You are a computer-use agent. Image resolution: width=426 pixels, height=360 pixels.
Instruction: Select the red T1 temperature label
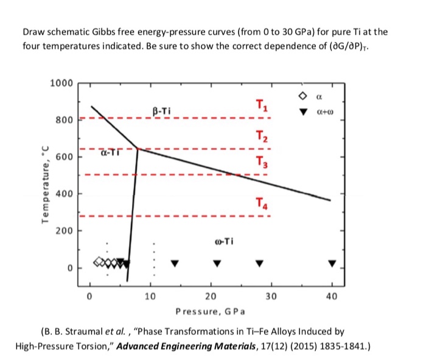(x=260, y=106)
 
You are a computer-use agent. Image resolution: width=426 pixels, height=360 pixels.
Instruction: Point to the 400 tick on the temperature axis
(x=63, y=194)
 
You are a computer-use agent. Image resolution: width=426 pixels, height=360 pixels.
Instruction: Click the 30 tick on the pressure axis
(x=271, y=297)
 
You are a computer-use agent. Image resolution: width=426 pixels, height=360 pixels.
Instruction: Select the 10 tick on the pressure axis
(x=150, y=297)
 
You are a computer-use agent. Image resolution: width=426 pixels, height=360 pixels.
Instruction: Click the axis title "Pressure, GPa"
(x=210, y=312)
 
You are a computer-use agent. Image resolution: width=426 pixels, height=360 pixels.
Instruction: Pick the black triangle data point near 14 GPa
(x=175, y=263)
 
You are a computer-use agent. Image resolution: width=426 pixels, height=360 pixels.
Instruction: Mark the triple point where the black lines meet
(x=138, y=148)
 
